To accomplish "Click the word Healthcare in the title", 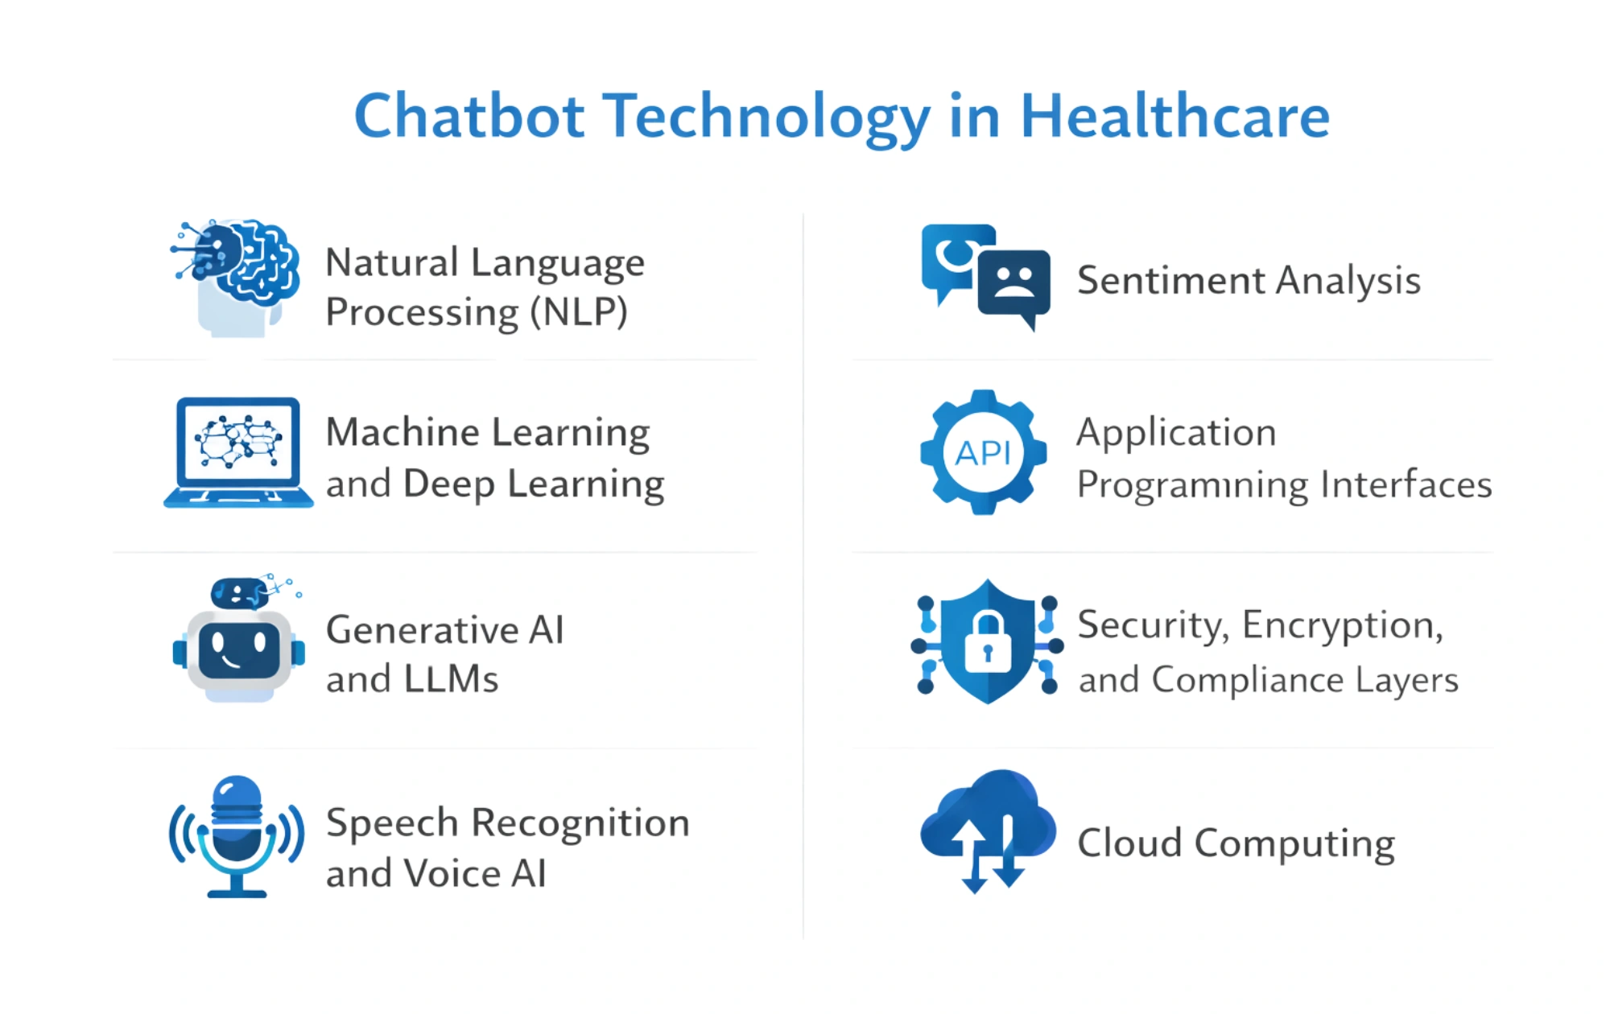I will (x=1174, y=117).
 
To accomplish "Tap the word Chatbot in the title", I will (x=469, y=117).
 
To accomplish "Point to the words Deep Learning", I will (x=533, y=484).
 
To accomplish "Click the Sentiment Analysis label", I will (x=1249, y=281).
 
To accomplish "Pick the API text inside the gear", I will (x=983, y=454).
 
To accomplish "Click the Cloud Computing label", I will (x=1236, y=843).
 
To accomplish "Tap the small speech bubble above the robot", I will (x=238, y=594).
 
